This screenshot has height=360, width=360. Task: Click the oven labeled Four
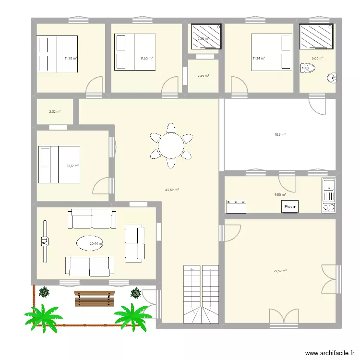tap(290, 207)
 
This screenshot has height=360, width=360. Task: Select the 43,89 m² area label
tap(172, 190)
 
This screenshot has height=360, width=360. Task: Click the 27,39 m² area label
tap(280, 271)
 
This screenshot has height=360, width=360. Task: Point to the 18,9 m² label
tap(280, 135)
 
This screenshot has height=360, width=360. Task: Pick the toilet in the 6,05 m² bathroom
tap(308, 70)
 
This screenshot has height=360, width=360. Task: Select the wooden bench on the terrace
tap(95, 298)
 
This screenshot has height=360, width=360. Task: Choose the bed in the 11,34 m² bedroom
tap(272, 52)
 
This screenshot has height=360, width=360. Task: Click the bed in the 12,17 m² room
tap(59, 165)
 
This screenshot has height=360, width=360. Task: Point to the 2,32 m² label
tap(55, 112)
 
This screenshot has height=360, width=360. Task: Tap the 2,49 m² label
tap(203, 76)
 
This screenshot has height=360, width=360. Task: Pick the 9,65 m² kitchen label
tap(280, 194)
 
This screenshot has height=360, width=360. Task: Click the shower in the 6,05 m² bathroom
tap(317, 36)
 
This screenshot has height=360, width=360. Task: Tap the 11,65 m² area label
tap(146, 59)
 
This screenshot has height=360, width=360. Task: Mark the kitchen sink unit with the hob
tap(328, 195)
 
